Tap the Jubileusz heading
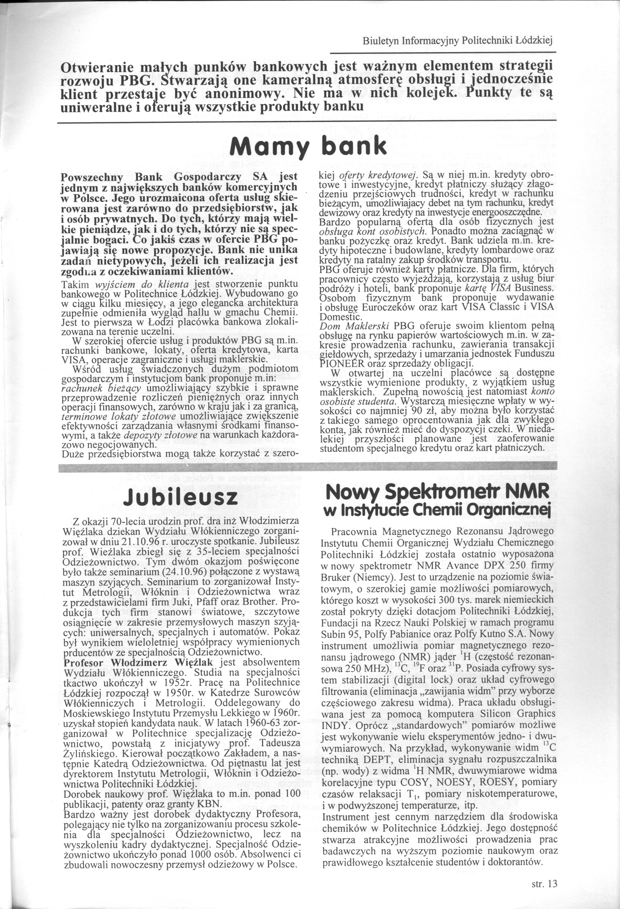coord(180,497)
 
